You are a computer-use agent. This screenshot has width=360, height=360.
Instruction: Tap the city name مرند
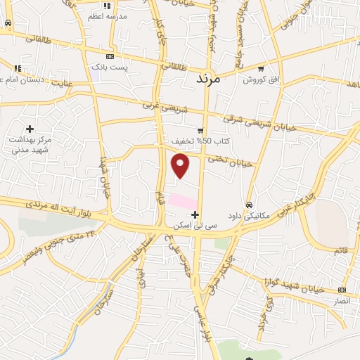[x=206, y=77]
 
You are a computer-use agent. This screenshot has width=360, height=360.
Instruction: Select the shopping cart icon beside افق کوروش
[x=261, y=69]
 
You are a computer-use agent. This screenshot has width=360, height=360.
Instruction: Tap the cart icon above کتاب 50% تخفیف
[x=200, y=130]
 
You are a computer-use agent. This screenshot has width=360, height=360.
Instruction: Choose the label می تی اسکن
[x=195, y=226]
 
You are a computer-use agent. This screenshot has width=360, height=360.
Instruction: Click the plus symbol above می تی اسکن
[x=195, y=214]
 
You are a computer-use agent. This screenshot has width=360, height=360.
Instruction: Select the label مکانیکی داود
[x=249, y=215]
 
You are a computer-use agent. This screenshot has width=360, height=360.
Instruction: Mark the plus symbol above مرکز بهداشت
[x=30, y=129]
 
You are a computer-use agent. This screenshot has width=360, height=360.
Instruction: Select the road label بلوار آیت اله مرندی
[x=64, y=209]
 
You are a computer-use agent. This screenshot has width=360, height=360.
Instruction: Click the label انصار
[x=341, y=300]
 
